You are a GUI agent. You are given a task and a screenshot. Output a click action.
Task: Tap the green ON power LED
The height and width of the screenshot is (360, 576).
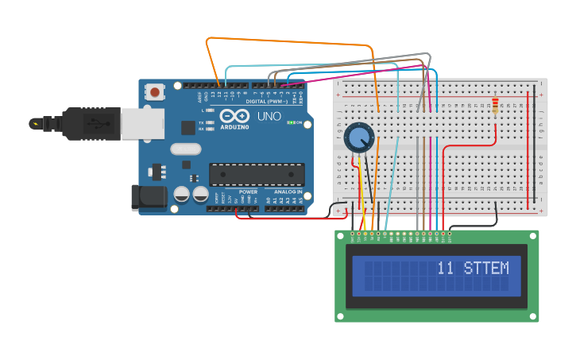[292, 122]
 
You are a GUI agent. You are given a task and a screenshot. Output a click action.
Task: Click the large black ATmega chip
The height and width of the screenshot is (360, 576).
[256, 175]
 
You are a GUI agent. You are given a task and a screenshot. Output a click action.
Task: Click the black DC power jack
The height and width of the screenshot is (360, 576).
[149, 198]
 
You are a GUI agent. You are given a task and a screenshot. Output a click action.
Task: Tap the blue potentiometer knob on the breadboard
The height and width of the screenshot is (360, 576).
[359, 138]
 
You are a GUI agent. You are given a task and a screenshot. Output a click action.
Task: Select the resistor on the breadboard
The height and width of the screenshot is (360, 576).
[497, 106]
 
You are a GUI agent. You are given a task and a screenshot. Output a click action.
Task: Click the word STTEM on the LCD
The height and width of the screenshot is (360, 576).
[486, 269]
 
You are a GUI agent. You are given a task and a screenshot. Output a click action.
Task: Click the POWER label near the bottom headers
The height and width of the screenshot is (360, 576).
[248, 192]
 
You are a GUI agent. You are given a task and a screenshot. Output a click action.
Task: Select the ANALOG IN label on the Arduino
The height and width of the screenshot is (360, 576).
[288, 192]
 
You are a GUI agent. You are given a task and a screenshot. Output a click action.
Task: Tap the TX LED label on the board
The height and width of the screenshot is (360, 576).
[201, 122]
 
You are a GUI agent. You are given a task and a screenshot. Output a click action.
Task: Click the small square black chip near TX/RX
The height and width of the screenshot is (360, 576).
[187, 127]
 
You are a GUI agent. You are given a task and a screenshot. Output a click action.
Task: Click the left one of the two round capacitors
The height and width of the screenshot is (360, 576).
[182, 194]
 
